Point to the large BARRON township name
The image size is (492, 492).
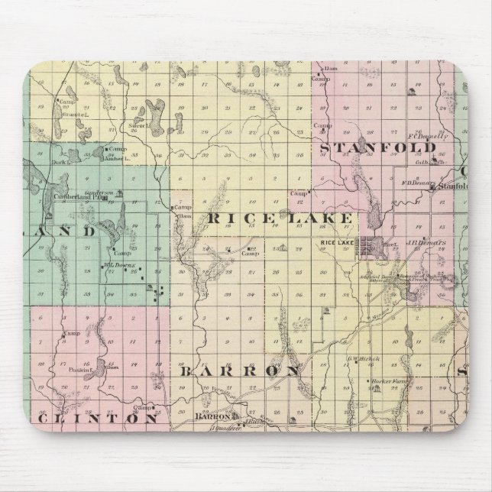coord(239,371)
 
